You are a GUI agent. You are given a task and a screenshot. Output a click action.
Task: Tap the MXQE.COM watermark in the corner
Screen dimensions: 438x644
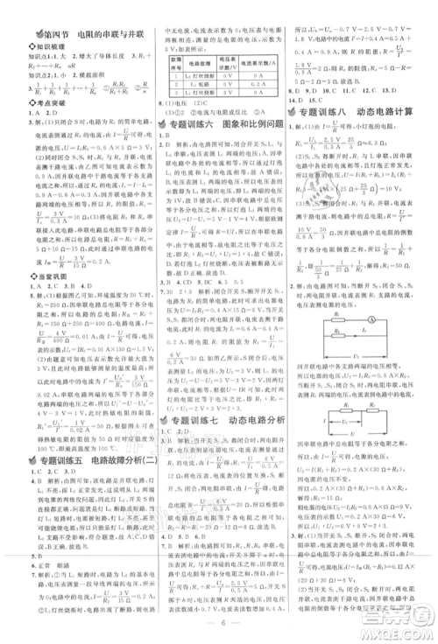point(402,626)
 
